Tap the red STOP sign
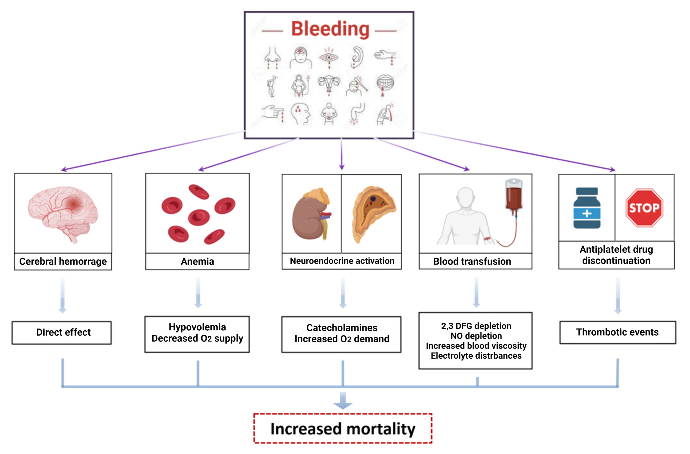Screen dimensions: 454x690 [644, 207]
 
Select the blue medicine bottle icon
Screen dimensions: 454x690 [587, 208]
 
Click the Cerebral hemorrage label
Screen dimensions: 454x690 [63, 261]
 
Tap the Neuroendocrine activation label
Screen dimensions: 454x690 [342, 261]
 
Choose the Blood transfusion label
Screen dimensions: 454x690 [472, 261]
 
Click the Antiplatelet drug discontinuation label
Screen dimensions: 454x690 [616, 255]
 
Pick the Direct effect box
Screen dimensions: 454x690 [63, 332]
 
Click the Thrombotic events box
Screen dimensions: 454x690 [617, 332]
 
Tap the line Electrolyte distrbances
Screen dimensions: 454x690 [476, 356]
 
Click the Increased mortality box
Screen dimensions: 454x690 [343, 429]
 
